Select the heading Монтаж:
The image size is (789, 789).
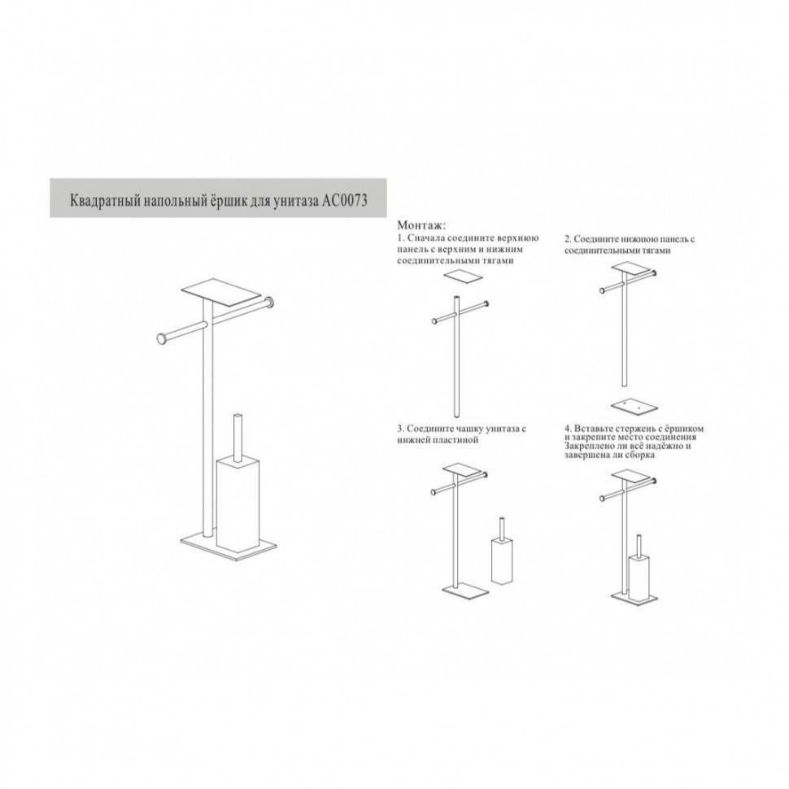coord(421,225)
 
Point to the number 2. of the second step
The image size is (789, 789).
coord(568,239)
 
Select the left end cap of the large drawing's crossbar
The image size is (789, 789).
coord(163,339)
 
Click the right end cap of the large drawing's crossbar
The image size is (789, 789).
coord(271,303)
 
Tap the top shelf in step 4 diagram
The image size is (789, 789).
coord(631,474)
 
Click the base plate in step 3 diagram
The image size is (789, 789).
coord(465,589)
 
